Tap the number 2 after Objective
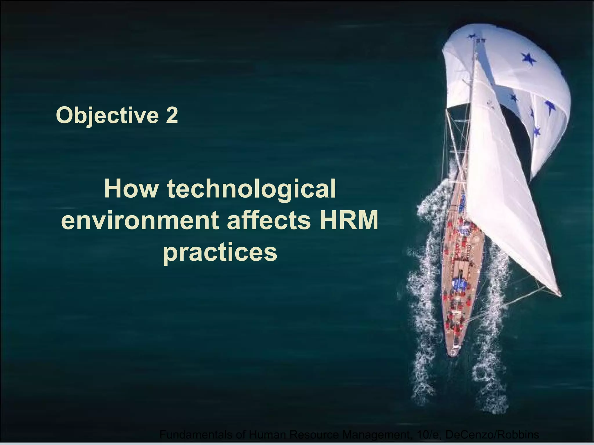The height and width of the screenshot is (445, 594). pos(171,115)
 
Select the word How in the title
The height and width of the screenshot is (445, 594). pos(131,189)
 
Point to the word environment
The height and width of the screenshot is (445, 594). pos(140,221)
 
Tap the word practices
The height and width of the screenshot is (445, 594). pos(220,252)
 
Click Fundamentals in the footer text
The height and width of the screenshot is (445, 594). pos(195,435)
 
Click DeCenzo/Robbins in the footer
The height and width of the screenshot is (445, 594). pos(492,435)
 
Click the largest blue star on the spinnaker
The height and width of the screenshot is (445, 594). pos(528,59)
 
